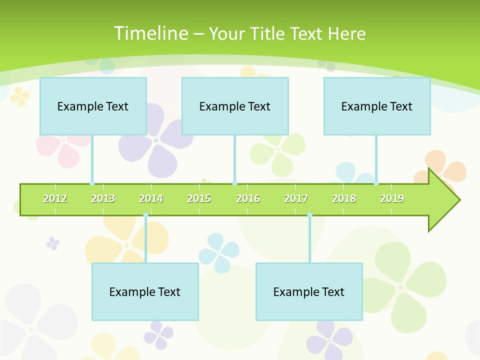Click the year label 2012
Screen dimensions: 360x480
pos(55,198)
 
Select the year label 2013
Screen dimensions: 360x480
pos(103,198)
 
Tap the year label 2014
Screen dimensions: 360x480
pos(151,198)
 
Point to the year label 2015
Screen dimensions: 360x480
pos(199,198)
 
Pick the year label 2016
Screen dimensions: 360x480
pos(248,198)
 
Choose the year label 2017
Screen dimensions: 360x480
pos(296,198)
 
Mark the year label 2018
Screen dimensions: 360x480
pos(344,198)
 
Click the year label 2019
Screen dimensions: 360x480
pos(392,198)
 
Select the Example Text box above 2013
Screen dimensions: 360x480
pos(93,106)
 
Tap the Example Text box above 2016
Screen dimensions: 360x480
pos(235,106)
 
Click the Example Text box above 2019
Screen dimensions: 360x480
pos(377,106)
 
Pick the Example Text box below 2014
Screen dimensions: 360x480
pos(145,291)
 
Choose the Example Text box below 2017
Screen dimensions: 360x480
pos(309,291)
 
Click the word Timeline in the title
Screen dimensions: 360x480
pos(150,33)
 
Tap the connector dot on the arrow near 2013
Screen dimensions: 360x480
pos(92,183)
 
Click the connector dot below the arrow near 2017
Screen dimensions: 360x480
pos(309,215)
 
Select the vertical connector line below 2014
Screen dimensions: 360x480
pos(145,240)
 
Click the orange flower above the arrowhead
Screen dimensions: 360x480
pos(447,167)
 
